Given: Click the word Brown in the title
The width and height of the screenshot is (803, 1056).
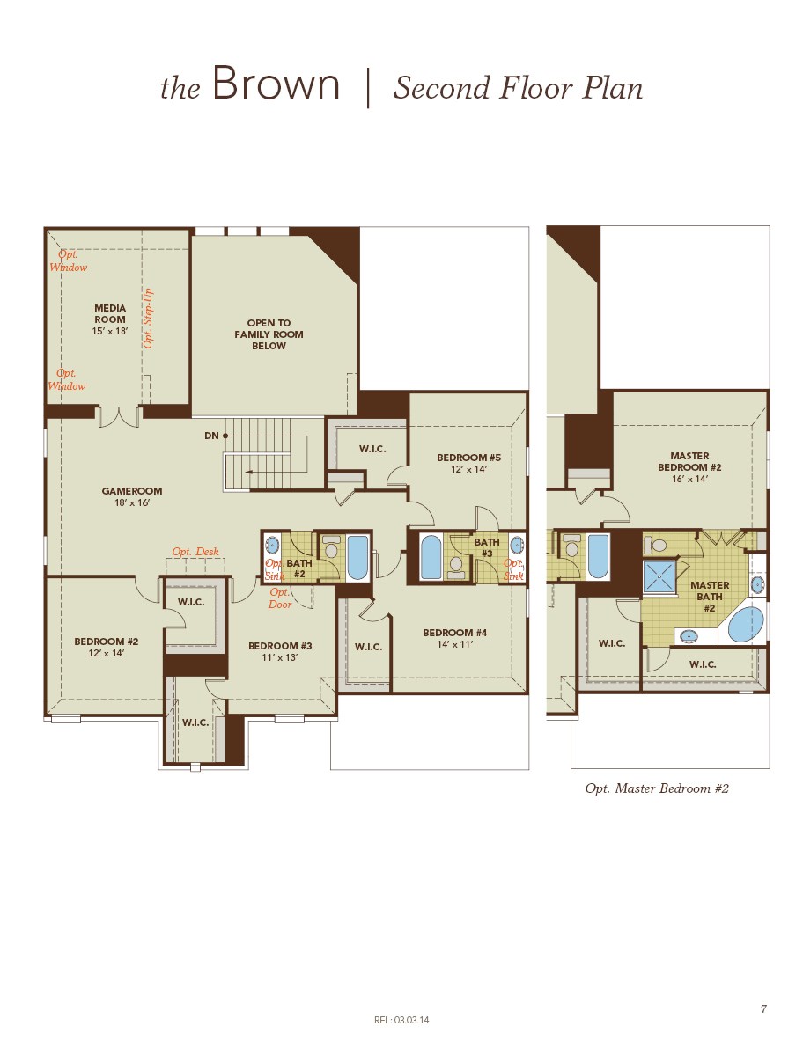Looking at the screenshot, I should tap(276, 85).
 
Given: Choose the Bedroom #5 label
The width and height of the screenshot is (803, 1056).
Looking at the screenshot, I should tap(468, 463).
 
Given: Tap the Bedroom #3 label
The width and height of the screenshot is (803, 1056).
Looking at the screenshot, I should tap(280, 651).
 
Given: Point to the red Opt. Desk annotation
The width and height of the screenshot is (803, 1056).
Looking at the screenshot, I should tap(195, 552).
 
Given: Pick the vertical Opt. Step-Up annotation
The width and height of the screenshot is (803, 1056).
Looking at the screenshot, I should tap(148, 318).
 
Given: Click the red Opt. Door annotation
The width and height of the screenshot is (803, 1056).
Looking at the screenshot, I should tap(280, 598).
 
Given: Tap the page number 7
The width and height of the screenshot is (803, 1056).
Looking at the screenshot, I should tap(762, 1009).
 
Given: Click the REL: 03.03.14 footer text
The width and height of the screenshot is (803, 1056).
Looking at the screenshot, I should tap(401, 1020).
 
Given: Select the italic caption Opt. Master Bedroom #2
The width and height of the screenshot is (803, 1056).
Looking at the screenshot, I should tap(657, 788).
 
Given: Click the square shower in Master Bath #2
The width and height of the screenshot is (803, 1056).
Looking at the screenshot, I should tap(659, 576).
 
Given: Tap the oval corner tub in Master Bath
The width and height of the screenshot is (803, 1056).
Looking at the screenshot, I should tap(747, 624).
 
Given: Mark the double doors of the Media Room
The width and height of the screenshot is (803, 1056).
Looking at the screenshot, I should tap(119, 416).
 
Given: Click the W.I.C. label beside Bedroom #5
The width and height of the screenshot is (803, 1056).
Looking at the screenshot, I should tap(372, 449).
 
